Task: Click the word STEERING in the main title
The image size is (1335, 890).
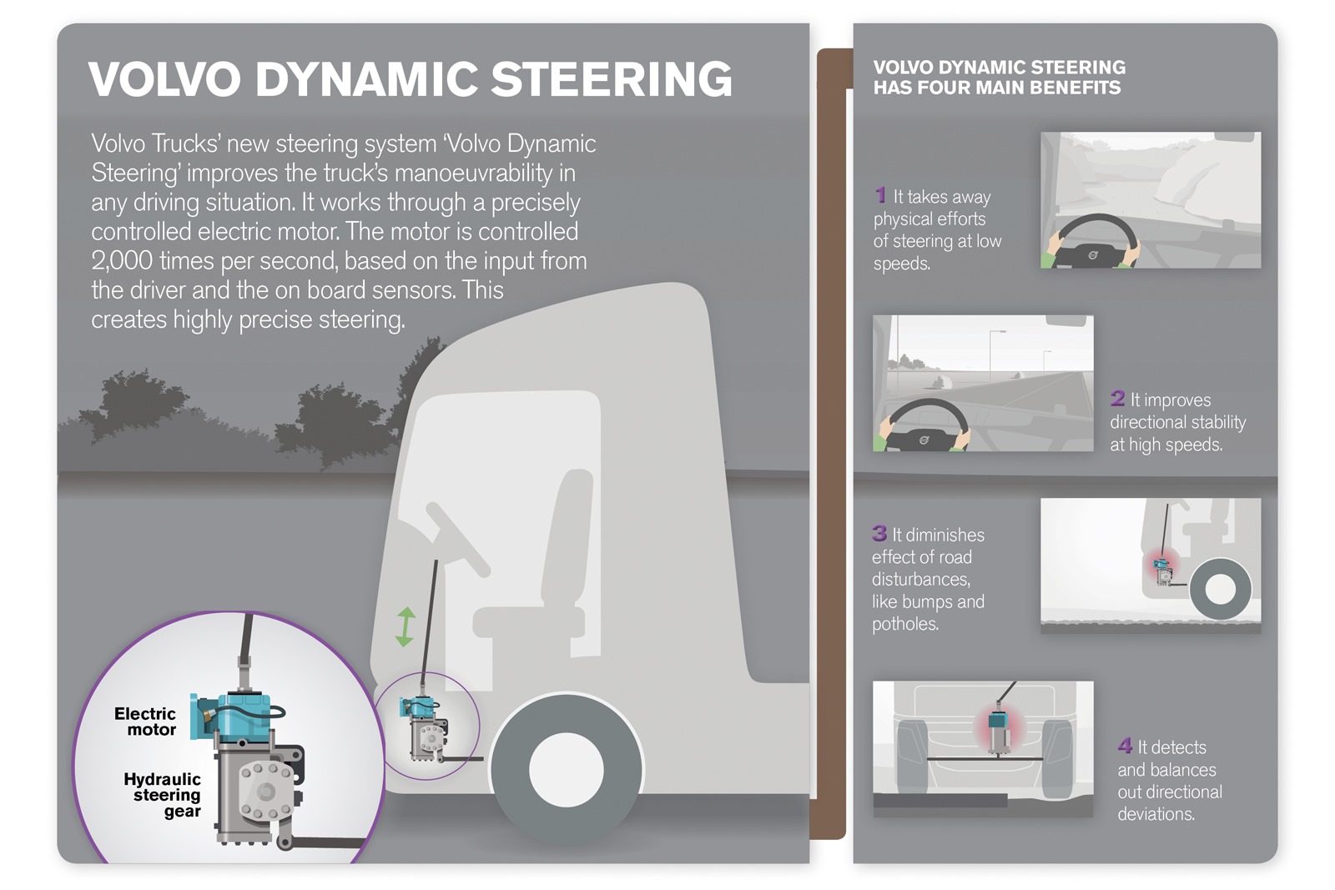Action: pos(612,79)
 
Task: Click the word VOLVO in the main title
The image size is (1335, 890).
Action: pos(164,79)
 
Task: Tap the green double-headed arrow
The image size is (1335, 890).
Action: pos(405,627)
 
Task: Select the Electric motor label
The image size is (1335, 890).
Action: pos(147,722)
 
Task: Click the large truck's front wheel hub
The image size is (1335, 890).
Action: pos(566,771)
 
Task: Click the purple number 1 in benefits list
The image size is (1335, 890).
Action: pos(880,195)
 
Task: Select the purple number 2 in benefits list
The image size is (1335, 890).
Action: pos(1117,399)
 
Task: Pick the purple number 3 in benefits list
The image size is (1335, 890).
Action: pos(879,533)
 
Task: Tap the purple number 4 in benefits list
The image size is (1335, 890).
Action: pos(1125,746)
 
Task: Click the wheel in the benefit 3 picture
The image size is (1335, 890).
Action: pos(1220,589)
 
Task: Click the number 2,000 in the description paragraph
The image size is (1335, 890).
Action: pos(122,261)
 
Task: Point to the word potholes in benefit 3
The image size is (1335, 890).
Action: pos(904,624)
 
